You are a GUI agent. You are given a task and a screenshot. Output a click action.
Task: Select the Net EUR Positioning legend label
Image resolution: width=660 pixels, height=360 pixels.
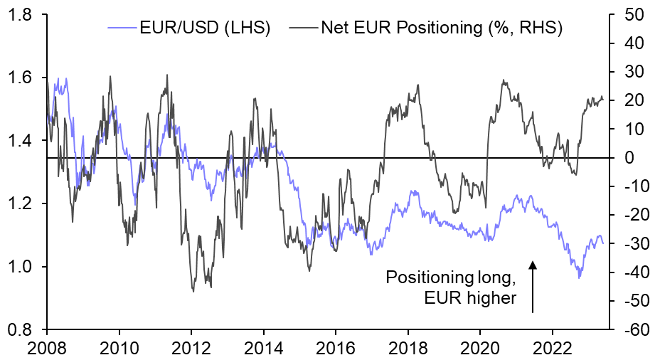tap(442, 29)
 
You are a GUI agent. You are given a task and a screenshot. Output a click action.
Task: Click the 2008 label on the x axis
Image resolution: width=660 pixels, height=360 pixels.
tap(47, 349)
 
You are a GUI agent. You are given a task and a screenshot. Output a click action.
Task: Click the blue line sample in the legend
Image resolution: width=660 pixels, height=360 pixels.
tap(121, 29)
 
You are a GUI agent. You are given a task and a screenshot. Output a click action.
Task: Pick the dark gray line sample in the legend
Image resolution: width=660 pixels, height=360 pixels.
tap(304, 29)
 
